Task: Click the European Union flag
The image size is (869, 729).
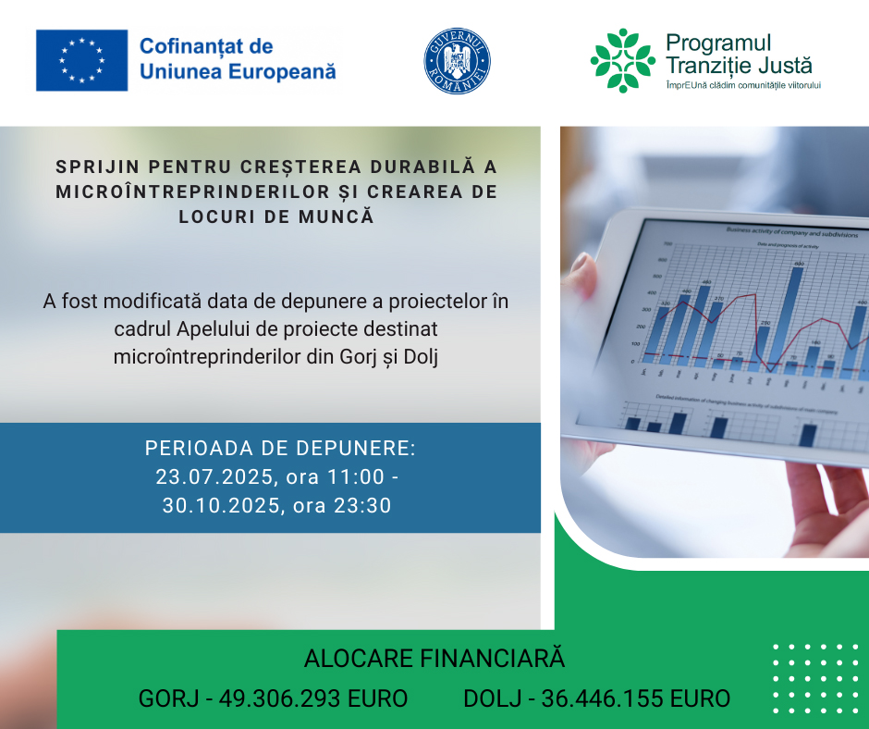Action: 81,60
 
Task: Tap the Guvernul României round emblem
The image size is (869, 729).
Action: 457,60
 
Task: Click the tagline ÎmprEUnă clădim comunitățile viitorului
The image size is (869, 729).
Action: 743,85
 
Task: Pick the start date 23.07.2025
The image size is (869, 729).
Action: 212,476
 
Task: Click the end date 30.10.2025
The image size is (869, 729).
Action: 218,505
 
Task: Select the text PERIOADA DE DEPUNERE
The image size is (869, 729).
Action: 280,449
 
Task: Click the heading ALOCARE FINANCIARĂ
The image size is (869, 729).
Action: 434,659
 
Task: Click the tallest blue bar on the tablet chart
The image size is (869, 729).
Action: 797,315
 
